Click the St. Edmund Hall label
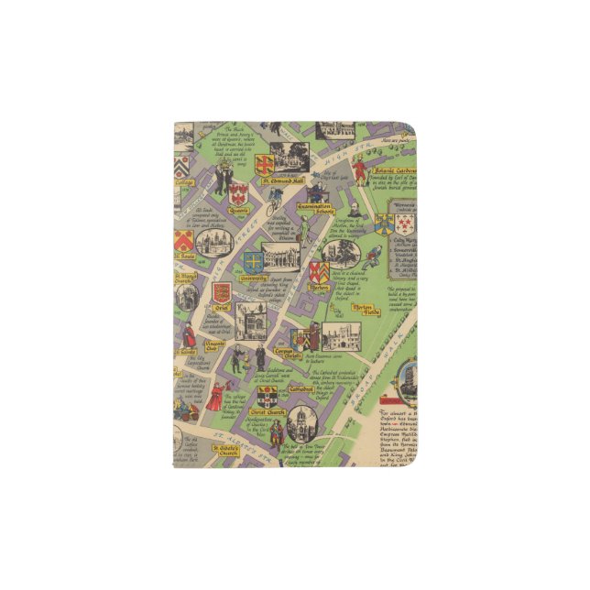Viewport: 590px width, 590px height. pyautogui.click(x=287, y=181)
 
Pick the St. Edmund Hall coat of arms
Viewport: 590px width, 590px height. pyautogui.click(x=264, y=165)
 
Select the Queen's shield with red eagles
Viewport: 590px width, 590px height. pyautogui.click(x=239, y=192)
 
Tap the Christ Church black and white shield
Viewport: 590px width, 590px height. pyautogui.click(x=268, y=397)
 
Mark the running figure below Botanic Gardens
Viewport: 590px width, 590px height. pyautogui.click(x=371, y=256)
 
